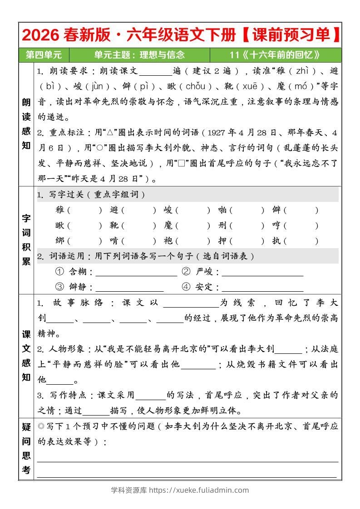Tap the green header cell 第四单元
[44, 55]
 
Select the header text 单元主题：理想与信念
[139, 55]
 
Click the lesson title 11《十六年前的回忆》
[275, 55]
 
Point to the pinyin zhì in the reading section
[302, 71]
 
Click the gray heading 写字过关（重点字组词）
[97, 195]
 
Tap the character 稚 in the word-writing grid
[59, 210]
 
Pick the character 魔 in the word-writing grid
[168, 225]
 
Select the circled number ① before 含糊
[59, 272]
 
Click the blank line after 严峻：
[262, 273]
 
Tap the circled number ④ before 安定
[186, 287]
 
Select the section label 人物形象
[63, 349]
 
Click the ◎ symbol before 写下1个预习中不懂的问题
[41, 426]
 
